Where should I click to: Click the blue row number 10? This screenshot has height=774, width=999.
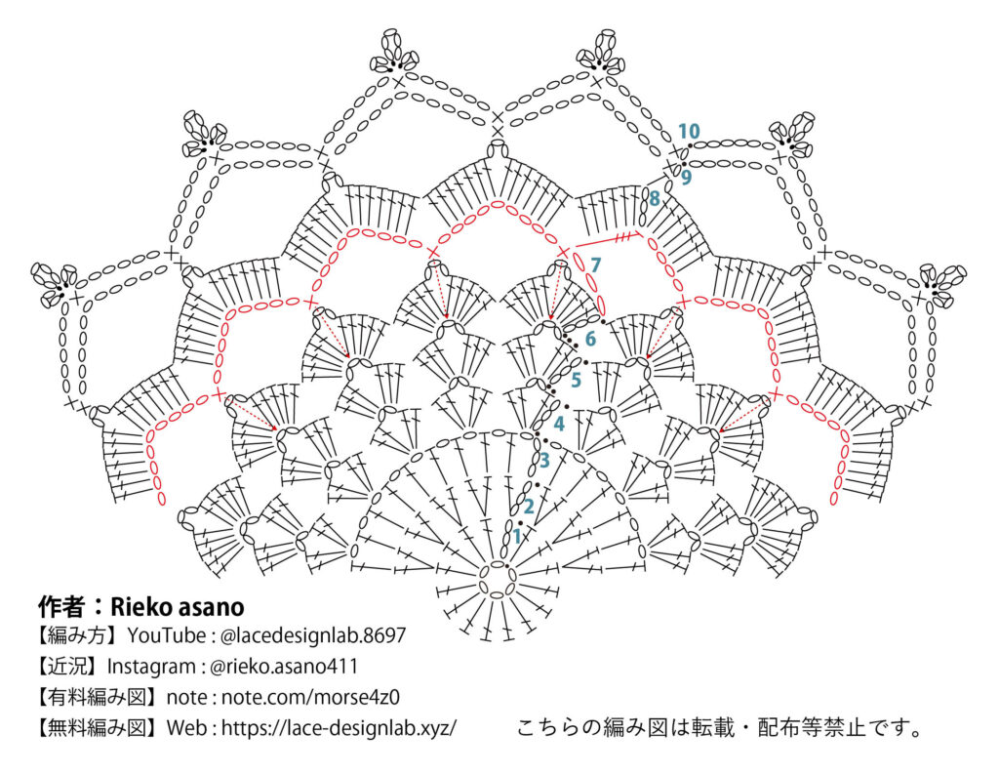click(689, 131)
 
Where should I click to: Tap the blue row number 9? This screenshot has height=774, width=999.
click(687, 177)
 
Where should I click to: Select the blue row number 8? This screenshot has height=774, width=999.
click(654, 198)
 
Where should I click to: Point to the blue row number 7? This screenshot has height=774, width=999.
click(595, 264)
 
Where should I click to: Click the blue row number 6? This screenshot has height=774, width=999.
click(590, 339)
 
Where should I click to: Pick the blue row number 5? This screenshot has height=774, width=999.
click(576, 380)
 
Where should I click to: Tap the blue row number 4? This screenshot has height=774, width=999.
click(559, 424)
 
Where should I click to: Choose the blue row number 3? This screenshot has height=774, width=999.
click(544, 460)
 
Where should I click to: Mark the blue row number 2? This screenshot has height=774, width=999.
click(529, 506)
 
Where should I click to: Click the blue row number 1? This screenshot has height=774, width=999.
click(517, 536)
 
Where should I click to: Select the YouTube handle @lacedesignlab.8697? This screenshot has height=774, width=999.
click(312, 635)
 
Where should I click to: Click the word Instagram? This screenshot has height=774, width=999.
click(148, 667)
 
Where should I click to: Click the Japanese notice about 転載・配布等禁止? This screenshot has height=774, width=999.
click(719, 728)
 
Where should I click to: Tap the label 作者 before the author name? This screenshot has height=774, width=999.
click(61, 606)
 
